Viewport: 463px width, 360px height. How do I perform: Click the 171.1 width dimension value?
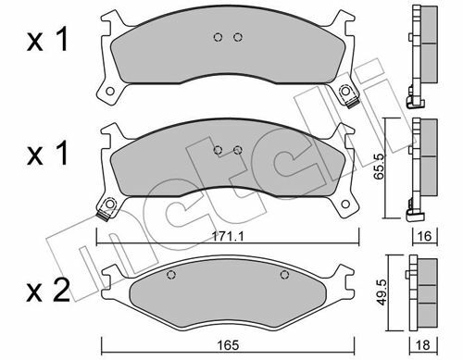pos(228,237)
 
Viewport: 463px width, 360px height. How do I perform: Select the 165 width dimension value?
pos(228,345)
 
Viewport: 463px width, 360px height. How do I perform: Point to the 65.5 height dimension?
pos(379,167)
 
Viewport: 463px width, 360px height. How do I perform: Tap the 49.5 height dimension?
pos(382,292)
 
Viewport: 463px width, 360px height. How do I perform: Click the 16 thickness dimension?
pos(425,236)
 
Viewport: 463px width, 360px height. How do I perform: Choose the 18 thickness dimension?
pos(423,345)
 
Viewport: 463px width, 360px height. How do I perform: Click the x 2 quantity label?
pos(48,291)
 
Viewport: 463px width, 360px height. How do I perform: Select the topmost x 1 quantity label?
pos(47,40)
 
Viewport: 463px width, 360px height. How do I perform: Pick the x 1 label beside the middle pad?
pos(47,154)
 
